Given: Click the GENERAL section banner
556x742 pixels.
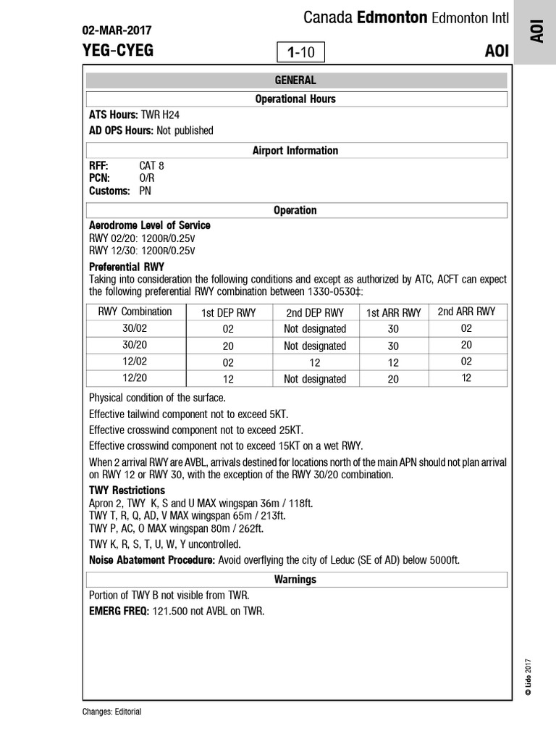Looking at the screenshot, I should tap(295, 80).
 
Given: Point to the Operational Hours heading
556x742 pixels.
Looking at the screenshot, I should tap(295, 99).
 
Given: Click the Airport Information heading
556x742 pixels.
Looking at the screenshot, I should tap(295, 151).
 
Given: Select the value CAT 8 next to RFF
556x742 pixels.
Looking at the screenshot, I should tap(151, 165).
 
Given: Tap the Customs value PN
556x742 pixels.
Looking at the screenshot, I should tap(146, 191).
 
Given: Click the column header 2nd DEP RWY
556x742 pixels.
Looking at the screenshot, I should tap(315, 313).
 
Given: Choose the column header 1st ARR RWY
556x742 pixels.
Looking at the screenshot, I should tap(393, 313).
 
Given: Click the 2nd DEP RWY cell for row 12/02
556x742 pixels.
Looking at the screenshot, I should tap(315, 362).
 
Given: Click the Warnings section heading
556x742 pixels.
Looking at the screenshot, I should tap(295, 580).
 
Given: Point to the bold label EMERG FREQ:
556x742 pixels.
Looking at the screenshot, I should tap(119, 611).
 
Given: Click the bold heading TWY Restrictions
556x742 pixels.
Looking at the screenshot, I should tap(127, 491).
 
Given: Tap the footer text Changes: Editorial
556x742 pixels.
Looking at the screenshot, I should tap(112, 712).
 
